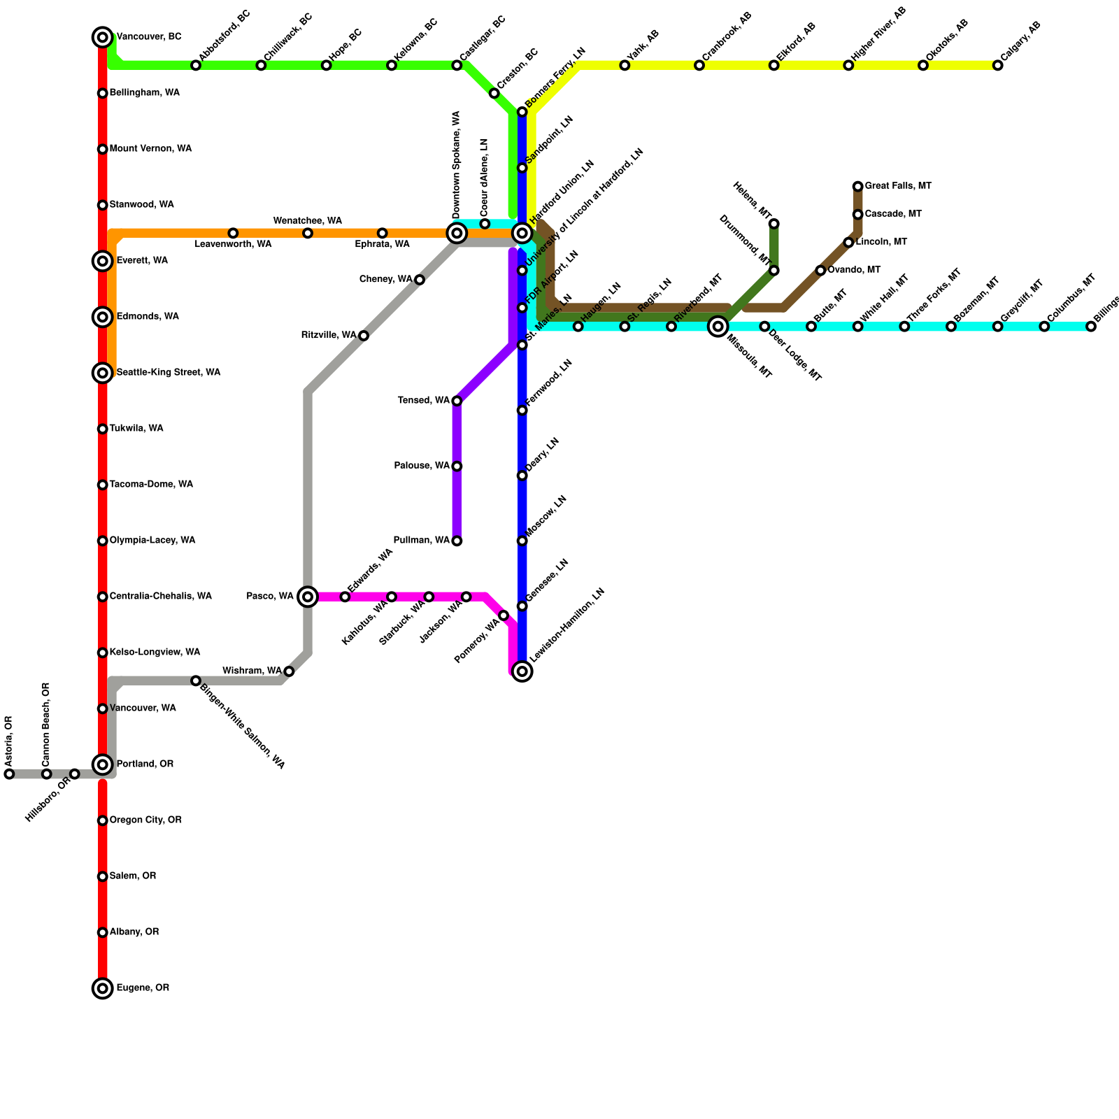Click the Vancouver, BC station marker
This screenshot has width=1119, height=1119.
pyautogui.click(x=103, y=37)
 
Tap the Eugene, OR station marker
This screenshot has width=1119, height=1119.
pyautogui.click(x=103, y=988)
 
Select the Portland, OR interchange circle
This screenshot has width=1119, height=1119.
pyautogui.click(x=103, y=764)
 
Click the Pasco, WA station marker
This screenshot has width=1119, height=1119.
pyautogui.click(x=308, y=597)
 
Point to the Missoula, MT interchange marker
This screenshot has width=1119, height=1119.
pyautogui.click(x=718, y=326)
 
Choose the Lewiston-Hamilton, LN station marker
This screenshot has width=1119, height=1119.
pyautogui.click(x=522, y=671)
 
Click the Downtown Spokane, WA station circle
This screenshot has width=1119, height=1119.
pyautogui.click(x=457, y=233)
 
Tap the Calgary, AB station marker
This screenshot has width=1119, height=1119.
pyautogui.click(x=997, y=66)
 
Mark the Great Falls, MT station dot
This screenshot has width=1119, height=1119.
pyautogui.click(x=857, y=186)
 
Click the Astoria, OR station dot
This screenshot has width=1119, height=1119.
pyautogui.click(x=9, y=774)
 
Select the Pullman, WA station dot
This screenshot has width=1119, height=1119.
pyautogui.click(x=457, y=541)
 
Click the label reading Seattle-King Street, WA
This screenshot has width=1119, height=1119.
pyautogui.click(x=169, y=373)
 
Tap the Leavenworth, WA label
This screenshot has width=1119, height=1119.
pyautogui.click(x=233, y=245)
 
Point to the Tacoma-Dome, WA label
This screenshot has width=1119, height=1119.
pyautogui.click(x=151, y=485)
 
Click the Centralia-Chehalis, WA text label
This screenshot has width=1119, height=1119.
pyautogui.click(x=161, y=597)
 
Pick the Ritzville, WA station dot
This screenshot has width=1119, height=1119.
pyautogui.click(x=364, y=336)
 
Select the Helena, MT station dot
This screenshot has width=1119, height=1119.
pyautogui.click(x=774, y=224)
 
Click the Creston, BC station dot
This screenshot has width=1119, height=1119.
pyautogui.click(x=494, y=94)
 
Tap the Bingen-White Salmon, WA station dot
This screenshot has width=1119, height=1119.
pyautogui.click(x=196, y=680)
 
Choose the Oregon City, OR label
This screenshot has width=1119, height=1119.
pyautogui.click(x=145, y=820)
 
